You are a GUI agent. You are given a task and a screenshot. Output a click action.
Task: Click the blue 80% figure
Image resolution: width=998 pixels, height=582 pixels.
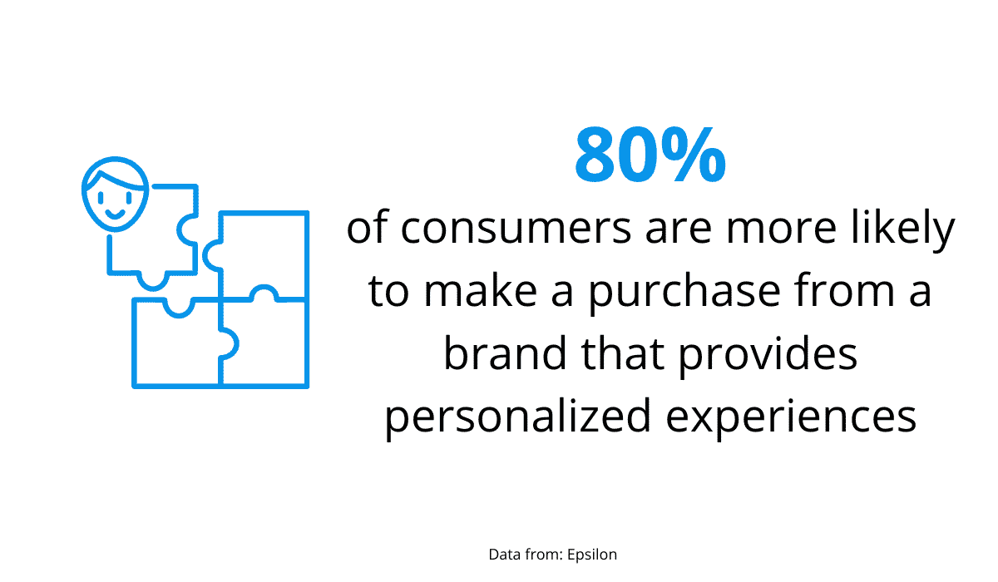point(650,155)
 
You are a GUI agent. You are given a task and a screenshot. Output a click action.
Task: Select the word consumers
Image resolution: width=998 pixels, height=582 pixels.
point(516,228)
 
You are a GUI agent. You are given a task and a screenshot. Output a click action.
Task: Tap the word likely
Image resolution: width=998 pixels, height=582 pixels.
point(903,227)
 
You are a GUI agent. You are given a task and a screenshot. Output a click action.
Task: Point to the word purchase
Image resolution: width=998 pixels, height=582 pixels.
point(684,291)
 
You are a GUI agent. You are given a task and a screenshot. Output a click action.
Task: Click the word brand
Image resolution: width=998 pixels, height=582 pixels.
point(505,354)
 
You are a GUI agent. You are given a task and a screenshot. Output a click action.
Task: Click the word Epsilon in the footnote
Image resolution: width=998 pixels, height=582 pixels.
point(592,555)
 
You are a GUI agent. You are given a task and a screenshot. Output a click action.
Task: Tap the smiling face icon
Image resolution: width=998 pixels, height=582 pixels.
point(115,195)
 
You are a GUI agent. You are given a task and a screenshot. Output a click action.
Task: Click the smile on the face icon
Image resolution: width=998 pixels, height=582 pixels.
point(115,215)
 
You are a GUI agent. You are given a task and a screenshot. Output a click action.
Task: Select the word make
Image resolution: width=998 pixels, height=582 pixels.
point(481,291)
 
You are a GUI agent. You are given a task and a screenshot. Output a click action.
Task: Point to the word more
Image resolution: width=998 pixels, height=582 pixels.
point(781,228)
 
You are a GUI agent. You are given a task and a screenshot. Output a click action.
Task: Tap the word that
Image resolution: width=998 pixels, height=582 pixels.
point(622,354)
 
